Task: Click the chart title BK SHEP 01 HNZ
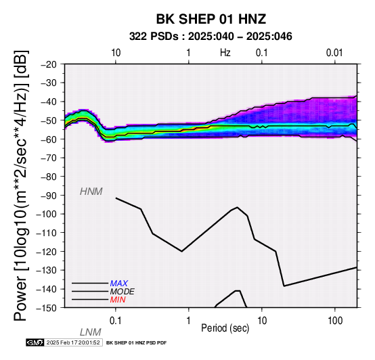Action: coord(211,19)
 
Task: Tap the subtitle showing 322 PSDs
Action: coord(211,37)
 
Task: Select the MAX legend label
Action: coord(119,284)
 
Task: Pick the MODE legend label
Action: coord(123,292)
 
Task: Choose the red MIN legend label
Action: coord(118,300)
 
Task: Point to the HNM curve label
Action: coord(91,192)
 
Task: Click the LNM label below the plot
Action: coord(91,332)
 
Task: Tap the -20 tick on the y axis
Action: coord(49,64)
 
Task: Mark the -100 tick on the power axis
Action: coord(47,214)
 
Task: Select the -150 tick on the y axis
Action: coord(47,308)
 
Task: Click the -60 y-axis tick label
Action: coord(49,139)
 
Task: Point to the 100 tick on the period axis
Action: coord(335,321)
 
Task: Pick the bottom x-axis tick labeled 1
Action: coord(188,321)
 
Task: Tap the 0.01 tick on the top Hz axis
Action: coord(334,53)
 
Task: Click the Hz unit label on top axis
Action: coord(225,53)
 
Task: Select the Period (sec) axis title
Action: coord(225,328)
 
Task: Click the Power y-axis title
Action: coord(20,185)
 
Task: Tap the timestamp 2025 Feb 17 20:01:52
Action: coord(73,342)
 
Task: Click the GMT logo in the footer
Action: coord(35,342)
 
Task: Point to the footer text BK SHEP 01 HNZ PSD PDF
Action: coord(136,343)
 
